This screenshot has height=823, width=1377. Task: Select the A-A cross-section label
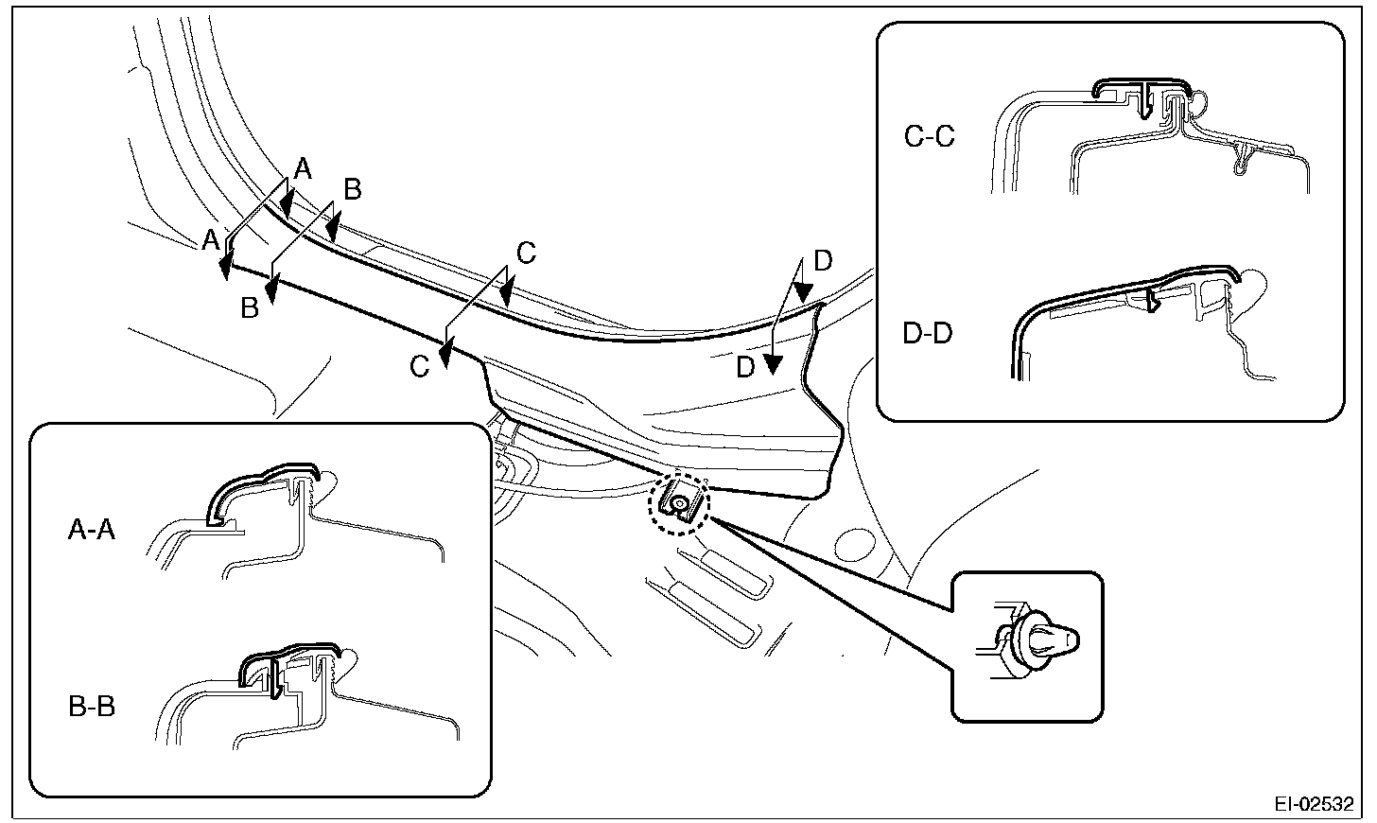pyautogui.click(x=92, y=530)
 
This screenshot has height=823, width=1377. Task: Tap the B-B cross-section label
pyautogui.click(x=92, y=707)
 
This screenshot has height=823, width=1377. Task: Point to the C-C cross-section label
pyautogui.click(x=930, y=136)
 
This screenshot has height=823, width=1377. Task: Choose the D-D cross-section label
pyautogui.click(x=928, y=333)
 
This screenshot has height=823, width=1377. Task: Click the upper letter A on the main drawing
pyautogui.click(x=303, y=168)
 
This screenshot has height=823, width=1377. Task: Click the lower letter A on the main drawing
pyautogui.click(x=211, y=240)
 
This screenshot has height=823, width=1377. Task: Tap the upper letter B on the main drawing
pyautogui.click(x=352, y=189)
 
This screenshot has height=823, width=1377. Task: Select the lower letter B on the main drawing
pyautogui.click(x=250, y=308)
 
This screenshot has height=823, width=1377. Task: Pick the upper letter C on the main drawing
pyautogui.click(x=526, y=254)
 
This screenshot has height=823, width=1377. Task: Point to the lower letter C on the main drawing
pyautogui.click(x=419, y=367)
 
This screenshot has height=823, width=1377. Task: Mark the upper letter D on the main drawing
pyautogui.click(x=823, y=261)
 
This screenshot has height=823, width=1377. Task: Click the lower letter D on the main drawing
pyautogui.click(x=745, y=368)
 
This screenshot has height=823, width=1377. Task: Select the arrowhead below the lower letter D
pyautogui.click(x=774, y=365)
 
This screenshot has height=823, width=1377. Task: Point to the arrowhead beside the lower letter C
pyautogui.click(x=445, y=357)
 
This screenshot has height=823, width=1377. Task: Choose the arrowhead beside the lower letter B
pyautogui.click(x=271, y=290)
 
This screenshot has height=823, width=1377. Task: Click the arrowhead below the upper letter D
pyautogui.click(x=803, y=292)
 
